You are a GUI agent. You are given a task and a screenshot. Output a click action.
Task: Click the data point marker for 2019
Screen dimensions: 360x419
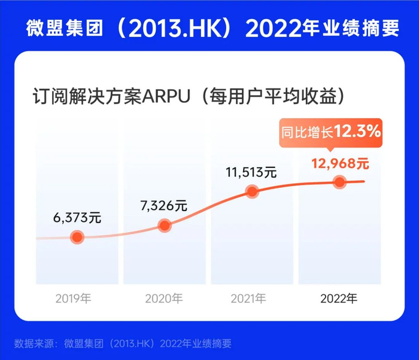pyautogui.click(x=76, y=237)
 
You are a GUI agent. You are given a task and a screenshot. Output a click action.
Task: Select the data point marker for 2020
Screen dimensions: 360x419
pyautogui.click(x=165, y=225)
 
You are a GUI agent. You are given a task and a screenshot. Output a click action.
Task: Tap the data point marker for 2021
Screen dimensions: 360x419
pyautogui.click(x=252, y=192)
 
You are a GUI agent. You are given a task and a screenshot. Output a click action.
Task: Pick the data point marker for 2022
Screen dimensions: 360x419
pyautogui.click(x=340, y=182)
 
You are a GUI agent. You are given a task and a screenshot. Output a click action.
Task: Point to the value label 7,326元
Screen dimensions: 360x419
pyautogui.click(x=164, y=206)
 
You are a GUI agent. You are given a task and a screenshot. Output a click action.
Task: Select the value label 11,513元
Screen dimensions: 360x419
pyautogui.click(x=251, y=173)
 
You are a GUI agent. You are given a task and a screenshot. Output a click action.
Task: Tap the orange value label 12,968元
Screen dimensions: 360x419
pyautogui.click(x=339, y=162)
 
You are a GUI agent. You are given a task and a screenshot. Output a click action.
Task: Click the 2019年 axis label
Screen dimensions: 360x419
pyautogui.click(x=76, y=298)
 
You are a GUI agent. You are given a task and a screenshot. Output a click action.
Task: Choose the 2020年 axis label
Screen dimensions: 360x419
pyautogui.click(x=164, y=298)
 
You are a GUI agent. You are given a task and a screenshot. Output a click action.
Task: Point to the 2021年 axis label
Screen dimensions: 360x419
pyautogui.click(x=251, y=298)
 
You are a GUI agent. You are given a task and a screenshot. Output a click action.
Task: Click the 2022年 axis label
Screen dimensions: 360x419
pyautogui.click(x=339, y=298)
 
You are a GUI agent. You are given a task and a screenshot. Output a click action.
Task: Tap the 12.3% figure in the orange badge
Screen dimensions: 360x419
pyautogui.click(x=357, y=132)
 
